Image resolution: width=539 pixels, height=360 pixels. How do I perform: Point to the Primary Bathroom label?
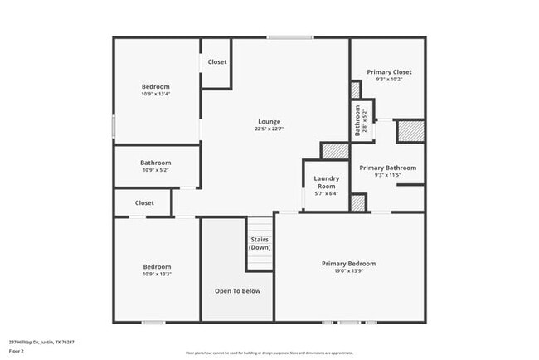click(x=387, y=168)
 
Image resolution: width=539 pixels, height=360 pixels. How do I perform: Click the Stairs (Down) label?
click(x=260, y=244)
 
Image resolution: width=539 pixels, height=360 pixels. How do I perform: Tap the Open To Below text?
click(x=237, y=291)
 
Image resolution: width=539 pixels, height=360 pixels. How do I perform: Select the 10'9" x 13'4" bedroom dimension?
click(x=155, y=94)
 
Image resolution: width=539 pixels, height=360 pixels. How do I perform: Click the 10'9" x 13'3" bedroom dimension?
click(x=155, y=274)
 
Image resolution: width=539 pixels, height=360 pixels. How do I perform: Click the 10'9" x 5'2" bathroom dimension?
click(x=155, y=170)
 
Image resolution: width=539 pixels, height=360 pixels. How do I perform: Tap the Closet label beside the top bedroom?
click(x=217, y=62)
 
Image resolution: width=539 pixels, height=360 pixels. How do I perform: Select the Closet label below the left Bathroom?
click(x=144, y=202)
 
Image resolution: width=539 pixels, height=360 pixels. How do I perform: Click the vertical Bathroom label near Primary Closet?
click(x=358, y=121)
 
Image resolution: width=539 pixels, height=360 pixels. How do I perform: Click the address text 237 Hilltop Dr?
click(x=41, y=342)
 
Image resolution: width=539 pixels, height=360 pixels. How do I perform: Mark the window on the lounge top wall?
click(x=290, y=37)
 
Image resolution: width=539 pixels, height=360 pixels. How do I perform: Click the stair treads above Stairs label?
click(x=260, y=226)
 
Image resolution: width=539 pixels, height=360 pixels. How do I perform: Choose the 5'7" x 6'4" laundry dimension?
click(x=325, y=193)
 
